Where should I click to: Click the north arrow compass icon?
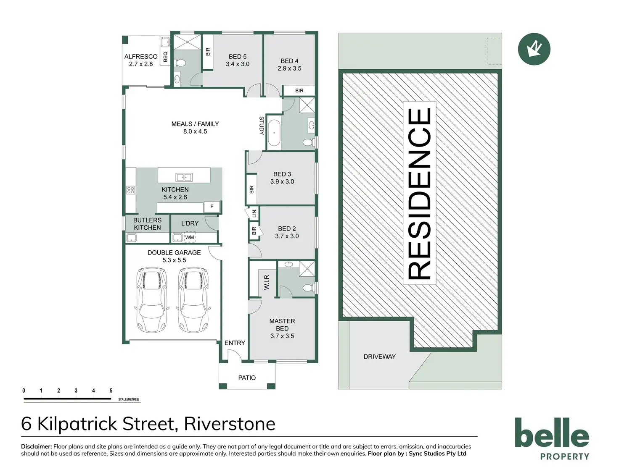(x=534, y=49)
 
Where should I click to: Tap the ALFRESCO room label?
(x=141, y=56)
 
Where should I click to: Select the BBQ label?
(x=165, y=57)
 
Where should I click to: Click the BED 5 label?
(x=238, y=56)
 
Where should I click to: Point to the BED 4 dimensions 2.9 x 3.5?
(x=289, y=68)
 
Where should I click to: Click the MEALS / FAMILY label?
(x=195, y=124)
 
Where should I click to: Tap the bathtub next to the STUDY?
(x=274, y=133)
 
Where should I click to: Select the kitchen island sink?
(x=184, y=177)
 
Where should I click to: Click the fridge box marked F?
(x=212, y=206)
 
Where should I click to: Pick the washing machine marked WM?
(x=190, y=238)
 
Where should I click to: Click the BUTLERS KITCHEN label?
(x=147, y=224)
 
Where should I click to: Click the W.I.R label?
(x=267, y=282)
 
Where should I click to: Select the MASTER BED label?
(x=282, y=325)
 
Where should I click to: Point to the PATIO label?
(x=247, y=378)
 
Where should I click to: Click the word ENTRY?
(x=235, y=343)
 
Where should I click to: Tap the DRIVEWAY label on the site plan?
(x=379, y=357)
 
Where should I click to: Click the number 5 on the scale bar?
(x=111, y=391)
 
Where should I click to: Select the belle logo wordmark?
(x=552, y=433)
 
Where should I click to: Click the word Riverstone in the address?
(x=230, y=424)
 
